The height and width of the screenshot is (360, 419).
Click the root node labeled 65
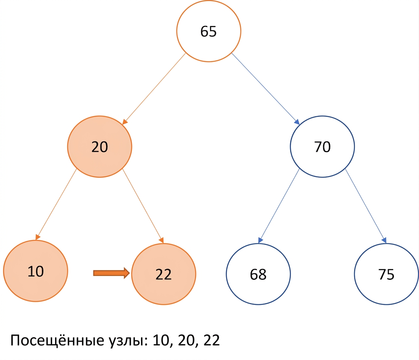coord(209,31)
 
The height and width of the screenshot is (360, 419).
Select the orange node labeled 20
coord(100,147)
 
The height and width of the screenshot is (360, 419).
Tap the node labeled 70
coord(322,147)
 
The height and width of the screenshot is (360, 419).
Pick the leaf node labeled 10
coord(36,271)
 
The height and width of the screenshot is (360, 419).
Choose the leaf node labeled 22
coord(163,274)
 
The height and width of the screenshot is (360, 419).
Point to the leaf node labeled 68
coord(258,274)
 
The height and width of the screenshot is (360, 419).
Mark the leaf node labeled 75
coord(386,274)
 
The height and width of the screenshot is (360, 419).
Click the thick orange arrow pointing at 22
coord(111,273)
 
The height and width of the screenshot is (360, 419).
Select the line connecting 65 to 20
coord(154,89)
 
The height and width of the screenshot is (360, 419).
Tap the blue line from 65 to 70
coord(265,89)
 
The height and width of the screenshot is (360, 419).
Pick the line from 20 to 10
coord(56,204)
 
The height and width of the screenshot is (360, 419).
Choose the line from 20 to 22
coord(143,206)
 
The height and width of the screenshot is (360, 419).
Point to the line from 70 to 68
coord(279,206)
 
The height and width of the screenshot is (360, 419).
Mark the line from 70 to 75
coord(366,206)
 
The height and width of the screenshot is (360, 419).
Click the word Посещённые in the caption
coord(57,340)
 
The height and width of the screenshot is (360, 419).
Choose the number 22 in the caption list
coord(212,340)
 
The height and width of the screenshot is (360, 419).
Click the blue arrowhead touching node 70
coord(297,122)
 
